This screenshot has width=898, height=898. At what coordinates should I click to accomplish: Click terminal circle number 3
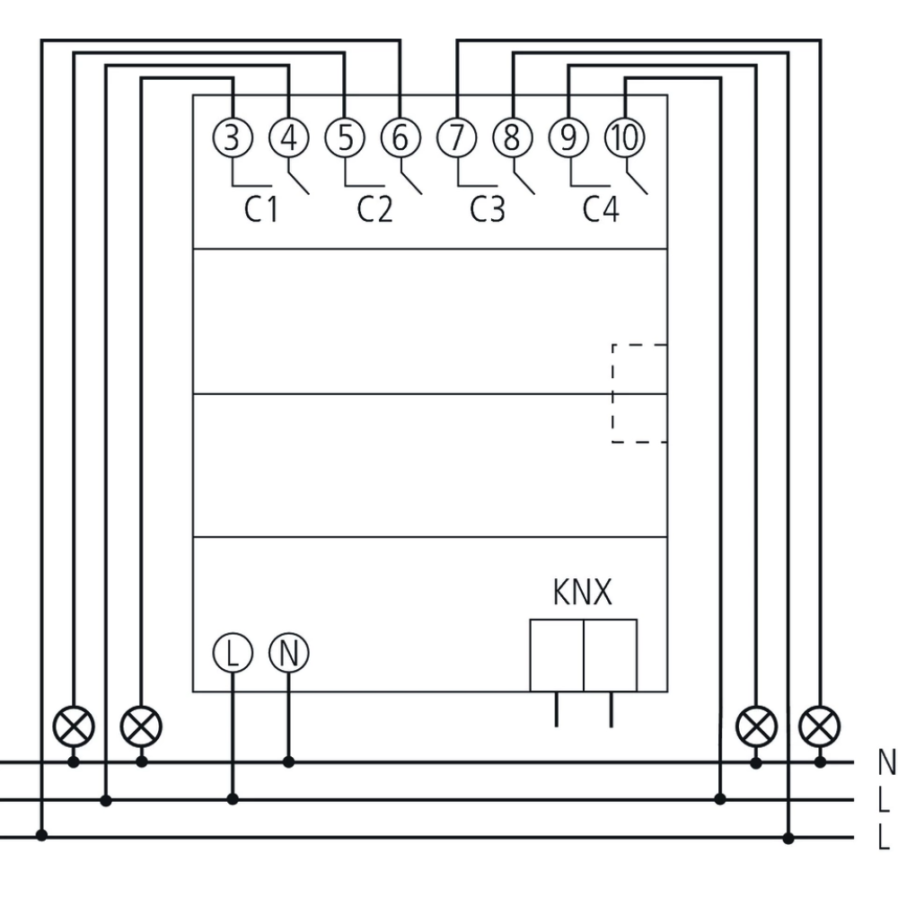click(x=233, y=138)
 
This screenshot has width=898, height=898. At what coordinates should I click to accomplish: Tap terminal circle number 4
click(x=288, y=138)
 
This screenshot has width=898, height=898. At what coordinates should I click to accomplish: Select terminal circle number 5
click(x=345, y=138)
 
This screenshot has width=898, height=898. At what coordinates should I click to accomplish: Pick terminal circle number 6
click(x=401, y=138)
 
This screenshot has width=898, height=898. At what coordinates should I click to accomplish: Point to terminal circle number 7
click(x=457, y=138)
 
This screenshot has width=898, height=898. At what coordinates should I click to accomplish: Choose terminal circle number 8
click(x=513, y=138)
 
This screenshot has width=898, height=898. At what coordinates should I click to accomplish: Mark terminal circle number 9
click(x=568, y=138)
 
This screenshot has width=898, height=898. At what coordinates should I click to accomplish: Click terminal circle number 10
click(x=625, y=138)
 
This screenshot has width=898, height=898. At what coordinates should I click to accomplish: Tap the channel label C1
click(x=261, y=210)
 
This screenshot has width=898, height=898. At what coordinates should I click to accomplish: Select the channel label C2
click(x=374, y=210)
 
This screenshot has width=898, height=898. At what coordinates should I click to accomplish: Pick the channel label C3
click(x=488, y=210)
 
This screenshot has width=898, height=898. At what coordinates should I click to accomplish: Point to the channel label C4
click(x=601, y=210)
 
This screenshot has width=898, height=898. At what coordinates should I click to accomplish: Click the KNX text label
click(x=582, y=594)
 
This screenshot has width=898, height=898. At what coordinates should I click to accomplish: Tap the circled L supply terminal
click(x=233, y=653)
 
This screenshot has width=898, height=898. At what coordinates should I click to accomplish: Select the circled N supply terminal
click(x=288, y=653)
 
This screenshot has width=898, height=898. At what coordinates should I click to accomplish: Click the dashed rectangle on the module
click(x=639, y=393)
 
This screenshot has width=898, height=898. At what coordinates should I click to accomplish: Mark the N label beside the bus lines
click(x=886, y=763)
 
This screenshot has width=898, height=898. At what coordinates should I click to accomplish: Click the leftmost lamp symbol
click(x=74, y=726)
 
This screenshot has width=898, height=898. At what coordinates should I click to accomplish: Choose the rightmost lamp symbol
click(x=820, y=726)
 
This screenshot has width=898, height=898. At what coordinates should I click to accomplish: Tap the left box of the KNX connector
click(x=557, y=656)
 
